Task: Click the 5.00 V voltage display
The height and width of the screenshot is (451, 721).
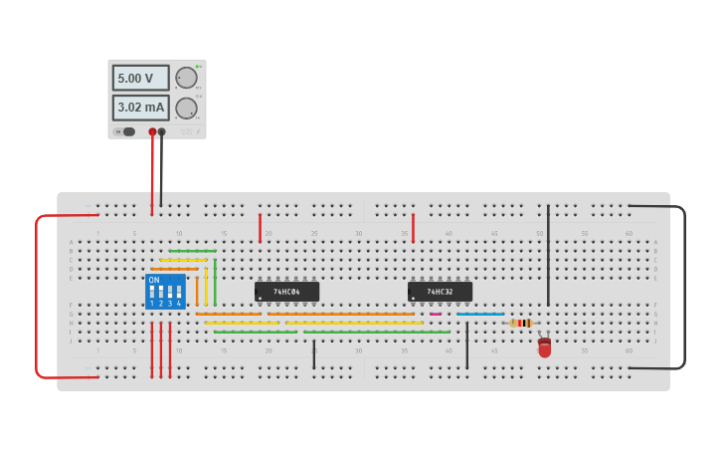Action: click(x=140, y=78)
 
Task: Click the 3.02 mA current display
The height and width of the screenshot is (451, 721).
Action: click(x=140, y=107)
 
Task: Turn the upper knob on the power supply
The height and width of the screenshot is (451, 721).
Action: click(x=186, y=78)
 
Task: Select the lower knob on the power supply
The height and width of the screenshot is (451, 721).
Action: click(x=186, y=108)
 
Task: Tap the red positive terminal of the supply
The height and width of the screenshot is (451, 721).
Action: click(x=152, y=131)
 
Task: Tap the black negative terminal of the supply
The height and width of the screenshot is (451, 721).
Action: click(x=162, y=131)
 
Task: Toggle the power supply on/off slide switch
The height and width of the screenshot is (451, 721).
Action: click(x=124, y=131)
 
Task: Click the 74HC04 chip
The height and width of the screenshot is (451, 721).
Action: click(x=286, y=292)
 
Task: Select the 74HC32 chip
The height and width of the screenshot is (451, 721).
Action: click(x=440, y=292)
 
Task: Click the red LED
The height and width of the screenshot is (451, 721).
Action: click(x=544, y=347)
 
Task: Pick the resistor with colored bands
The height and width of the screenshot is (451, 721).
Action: click(x=521, y=323)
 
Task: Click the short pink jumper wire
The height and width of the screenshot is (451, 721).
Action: click(x=436, y=314)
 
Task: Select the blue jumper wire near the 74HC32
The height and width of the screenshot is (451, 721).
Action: click(x=480, y=314)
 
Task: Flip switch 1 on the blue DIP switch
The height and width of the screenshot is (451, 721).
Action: click(x=152, y=293)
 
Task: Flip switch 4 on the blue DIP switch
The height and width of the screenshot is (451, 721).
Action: click(x=179, y=293)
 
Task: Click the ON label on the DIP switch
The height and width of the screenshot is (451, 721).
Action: click(x=154, y=280)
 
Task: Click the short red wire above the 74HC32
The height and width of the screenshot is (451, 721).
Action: click(x=413, y=228)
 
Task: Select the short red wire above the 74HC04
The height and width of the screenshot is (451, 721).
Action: click(x=260, y=228)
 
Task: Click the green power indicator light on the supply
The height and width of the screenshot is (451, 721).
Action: click(x=198, y=67)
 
